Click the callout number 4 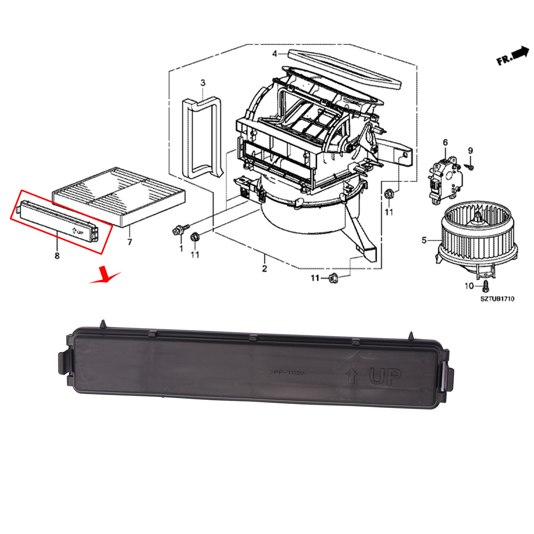[x=274, y=54]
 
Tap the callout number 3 [x=203, y=83]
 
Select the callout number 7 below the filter [x=130, y=242]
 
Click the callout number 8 [x=57, y=255]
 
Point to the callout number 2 [x=264, y=268]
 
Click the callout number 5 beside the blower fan [x=424, y=240]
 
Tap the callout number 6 [x=445, y=143]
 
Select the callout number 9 [x=470, y=151]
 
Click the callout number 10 [x=469, y=286]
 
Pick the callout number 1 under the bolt [x=181, y=248]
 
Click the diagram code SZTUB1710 [x=497, y=299]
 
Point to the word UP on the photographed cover [x=385, y=376]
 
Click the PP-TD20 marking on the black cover [x=288, y=372]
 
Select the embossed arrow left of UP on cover [x=351, y=375]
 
